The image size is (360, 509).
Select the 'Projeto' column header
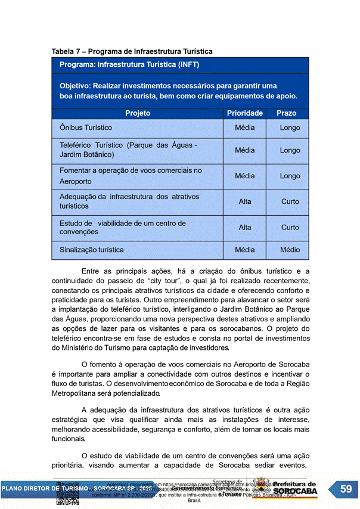[138, 113]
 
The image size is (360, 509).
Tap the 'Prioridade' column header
[244, 113]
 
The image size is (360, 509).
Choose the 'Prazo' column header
[286, 113]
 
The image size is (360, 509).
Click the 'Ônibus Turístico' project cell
[86, 128]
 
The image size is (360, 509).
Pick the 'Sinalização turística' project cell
[92, 250]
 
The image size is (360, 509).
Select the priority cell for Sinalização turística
[244, 250]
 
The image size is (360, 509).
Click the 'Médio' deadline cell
[290, 250]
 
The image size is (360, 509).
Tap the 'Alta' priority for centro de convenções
[245, 227]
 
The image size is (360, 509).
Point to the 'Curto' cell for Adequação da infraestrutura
[290, 201]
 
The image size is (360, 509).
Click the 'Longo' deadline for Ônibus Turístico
[290, 128]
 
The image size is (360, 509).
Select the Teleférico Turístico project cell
[128, 150]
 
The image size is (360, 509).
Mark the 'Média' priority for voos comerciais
[244, 176]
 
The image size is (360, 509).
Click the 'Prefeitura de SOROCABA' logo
[294, 488]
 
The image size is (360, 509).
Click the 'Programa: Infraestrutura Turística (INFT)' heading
[129, 64]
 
